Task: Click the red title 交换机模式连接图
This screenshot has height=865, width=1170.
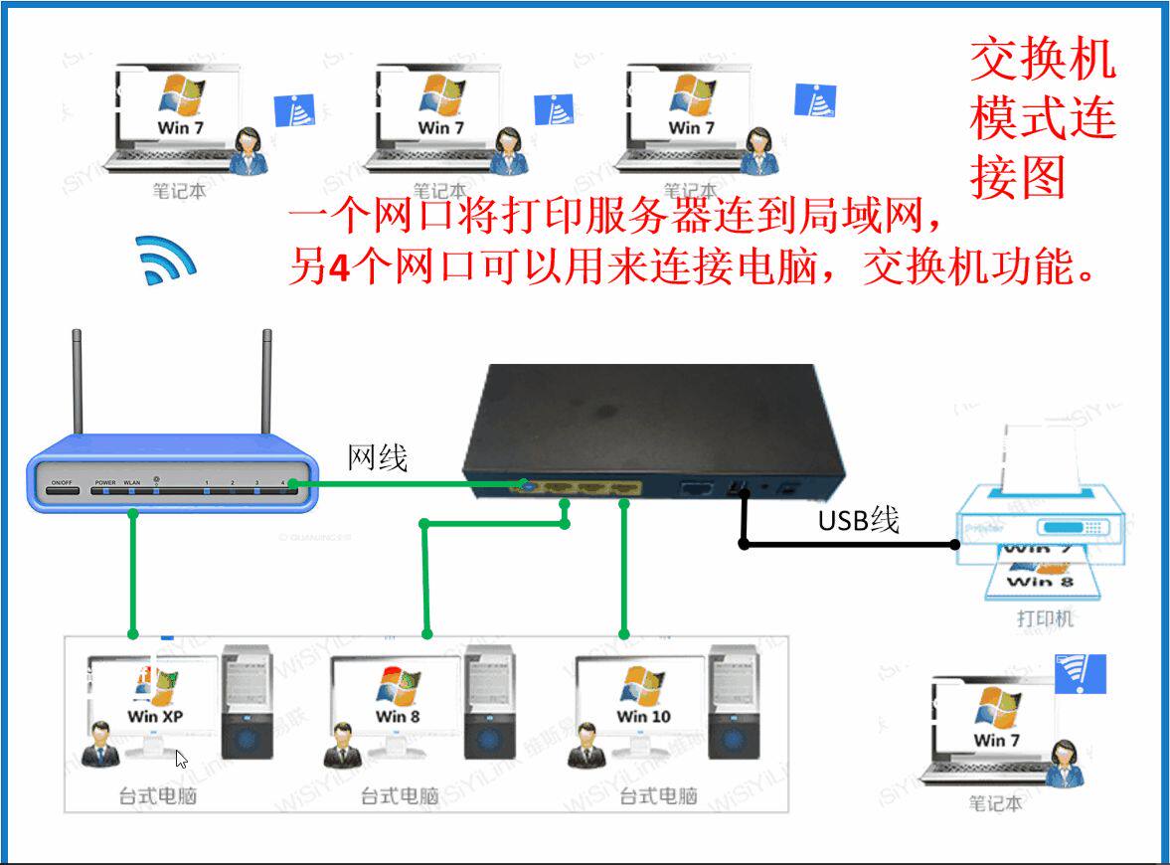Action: [1042, 119]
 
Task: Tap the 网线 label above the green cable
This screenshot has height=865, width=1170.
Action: [378, 457]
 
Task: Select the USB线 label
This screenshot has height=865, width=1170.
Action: [858, 519]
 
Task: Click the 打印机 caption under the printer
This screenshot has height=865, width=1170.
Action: [1045, 619]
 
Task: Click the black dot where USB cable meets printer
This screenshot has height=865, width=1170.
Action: [954, 544]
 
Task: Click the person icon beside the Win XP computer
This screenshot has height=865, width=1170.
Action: [99, 746]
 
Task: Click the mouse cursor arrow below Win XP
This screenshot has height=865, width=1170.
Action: [181, 760]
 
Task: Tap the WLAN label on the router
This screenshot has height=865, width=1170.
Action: [131, 482]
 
